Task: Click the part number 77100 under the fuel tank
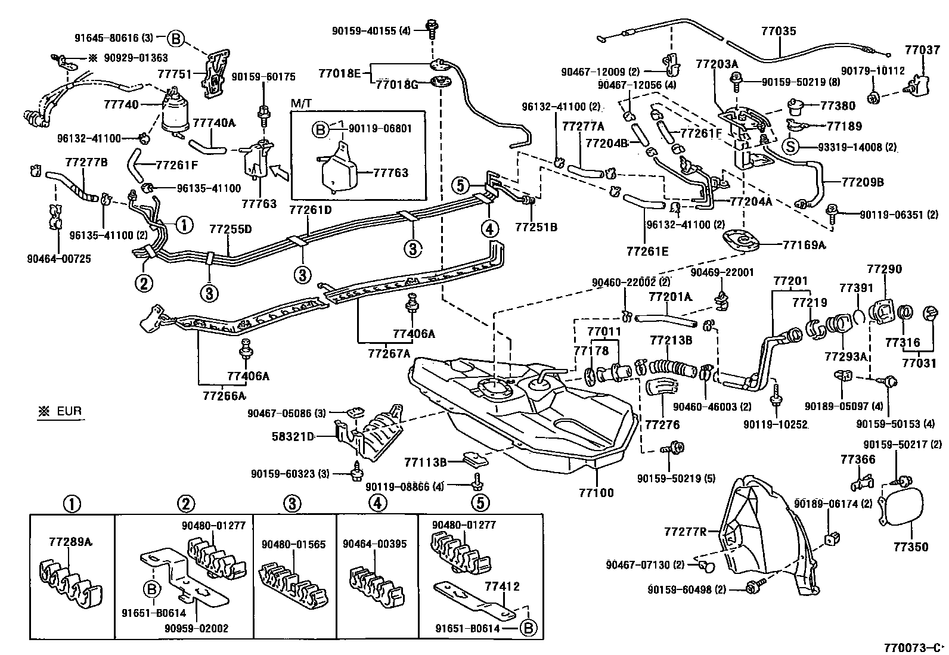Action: pyautogui.click(x=596, y=493)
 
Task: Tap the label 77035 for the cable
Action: pyautogui.click(x=778, y=30)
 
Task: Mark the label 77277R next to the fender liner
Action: pyautogui.click(x=685, y=531)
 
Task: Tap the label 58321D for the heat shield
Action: pyautogui.click(x=300, y=436)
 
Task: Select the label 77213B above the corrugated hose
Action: pyautogui.click(x=671, y=340)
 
